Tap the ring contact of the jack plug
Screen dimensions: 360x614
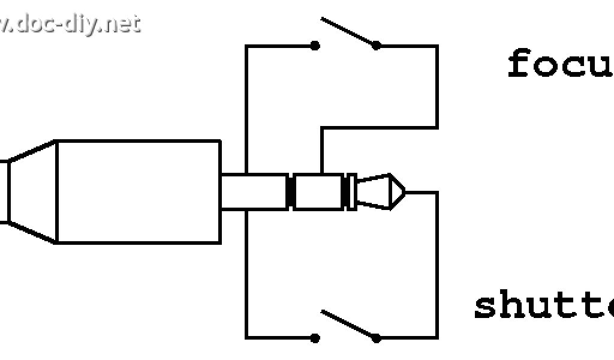[x=318, y=192]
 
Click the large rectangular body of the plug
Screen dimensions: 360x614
[x=138, y=192]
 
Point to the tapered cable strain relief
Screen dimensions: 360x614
[x=33, y=192]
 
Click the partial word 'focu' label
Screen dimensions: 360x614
[x=561, y=65]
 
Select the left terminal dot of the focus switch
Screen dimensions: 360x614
[x=315, y=46]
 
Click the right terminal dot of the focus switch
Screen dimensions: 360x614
[x=376, y=46]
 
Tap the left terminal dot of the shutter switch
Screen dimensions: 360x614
[x=315, y=338]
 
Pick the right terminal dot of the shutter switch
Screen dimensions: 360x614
[x=376, y=338]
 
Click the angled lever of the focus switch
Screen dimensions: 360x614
[x=348, y=31]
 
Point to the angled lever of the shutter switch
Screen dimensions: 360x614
[x=348, y=324]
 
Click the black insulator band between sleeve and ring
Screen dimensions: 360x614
[x=290, y=192]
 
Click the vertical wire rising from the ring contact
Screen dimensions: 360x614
[x=321, y=150]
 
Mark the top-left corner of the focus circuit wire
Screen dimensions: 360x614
[x=246, y=46]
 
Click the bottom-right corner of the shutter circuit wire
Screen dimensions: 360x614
[x=437, y=338]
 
